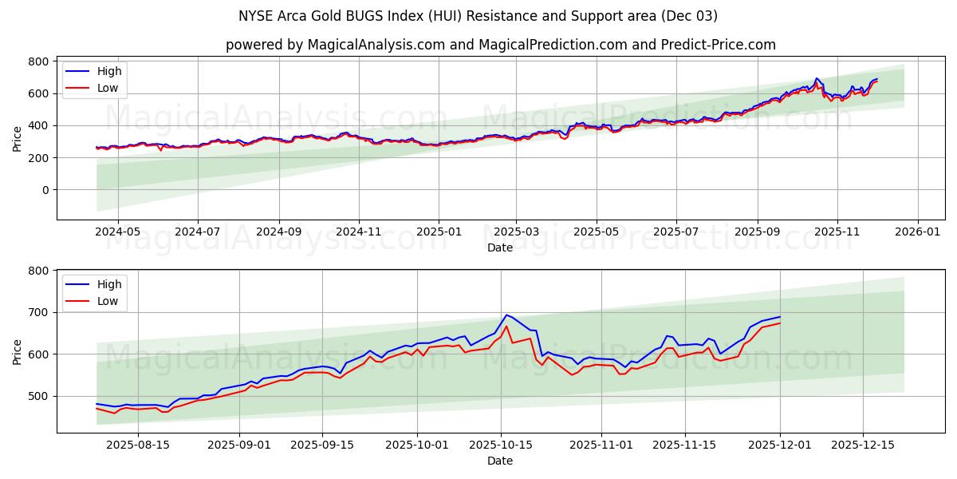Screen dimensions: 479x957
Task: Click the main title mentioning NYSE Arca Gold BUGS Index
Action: pos(478,16)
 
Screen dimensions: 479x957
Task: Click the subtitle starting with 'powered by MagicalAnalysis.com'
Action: pos(500,45)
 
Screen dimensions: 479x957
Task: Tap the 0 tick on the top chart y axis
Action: pos(45,190)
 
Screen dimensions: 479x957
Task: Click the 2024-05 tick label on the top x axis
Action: pos(117,232)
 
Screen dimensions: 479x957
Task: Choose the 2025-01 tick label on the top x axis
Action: pos(439,232)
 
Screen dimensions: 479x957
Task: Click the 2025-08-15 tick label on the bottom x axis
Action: pos(138,445)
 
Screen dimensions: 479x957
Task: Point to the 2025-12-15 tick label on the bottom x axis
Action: pos(863,445)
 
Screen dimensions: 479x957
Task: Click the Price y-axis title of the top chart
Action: pos(18,138)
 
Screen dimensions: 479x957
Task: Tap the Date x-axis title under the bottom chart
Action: pos(500,461)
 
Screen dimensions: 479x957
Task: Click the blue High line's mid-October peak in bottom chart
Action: pos(506,315)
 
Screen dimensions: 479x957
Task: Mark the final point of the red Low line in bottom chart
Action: pos(780,323)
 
